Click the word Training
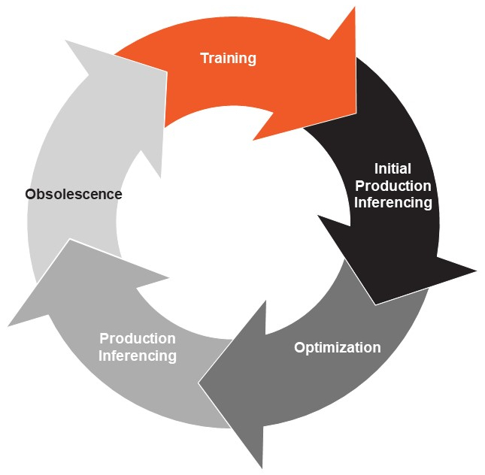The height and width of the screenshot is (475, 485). (x=229, y=59)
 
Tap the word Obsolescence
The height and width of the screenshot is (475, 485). (x=74, y=194)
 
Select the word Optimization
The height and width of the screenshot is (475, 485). (x=338, y=348)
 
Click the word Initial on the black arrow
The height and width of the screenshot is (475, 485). (x=393, y=168)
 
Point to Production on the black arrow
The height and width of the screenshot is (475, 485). (x=393, y=186)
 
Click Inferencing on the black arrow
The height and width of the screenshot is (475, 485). (x=393, y=203)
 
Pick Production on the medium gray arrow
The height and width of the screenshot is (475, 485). (x=138, y=338)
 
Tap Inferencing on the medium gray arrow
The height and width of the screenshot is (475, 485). (x=138, y=356)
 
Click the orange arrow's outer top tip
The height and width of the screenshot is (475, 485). (x=355, y=7)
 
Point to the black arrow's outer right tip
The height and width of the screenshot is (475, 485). (x=476, y=271)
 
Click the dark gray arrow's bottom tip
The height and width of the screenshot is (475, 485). (x=262, y=468)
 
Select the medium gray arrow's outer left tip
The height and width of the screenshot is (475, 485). (x=8, y=326)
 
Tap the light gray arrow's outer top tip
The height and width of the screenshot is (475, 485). (x=65, y=40)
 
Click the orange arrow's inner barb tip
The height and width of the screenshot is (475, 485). (x=253, y=140)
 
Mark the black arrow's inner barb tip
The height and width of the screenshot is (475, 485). (x=317, y=216)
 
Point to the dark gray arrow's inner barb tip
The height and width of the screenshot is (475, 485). (x=265, y=300)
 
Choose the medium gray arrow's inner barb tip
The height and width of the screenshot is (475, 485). (x=169, y=277)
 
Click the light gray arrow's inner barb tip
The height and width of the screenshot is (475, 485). (x=141, y=150)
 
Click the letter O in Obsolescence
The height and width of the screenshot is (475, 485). (x=31, y=195)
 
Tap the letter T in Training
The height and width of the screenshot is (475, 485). (x=205, y=58)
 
